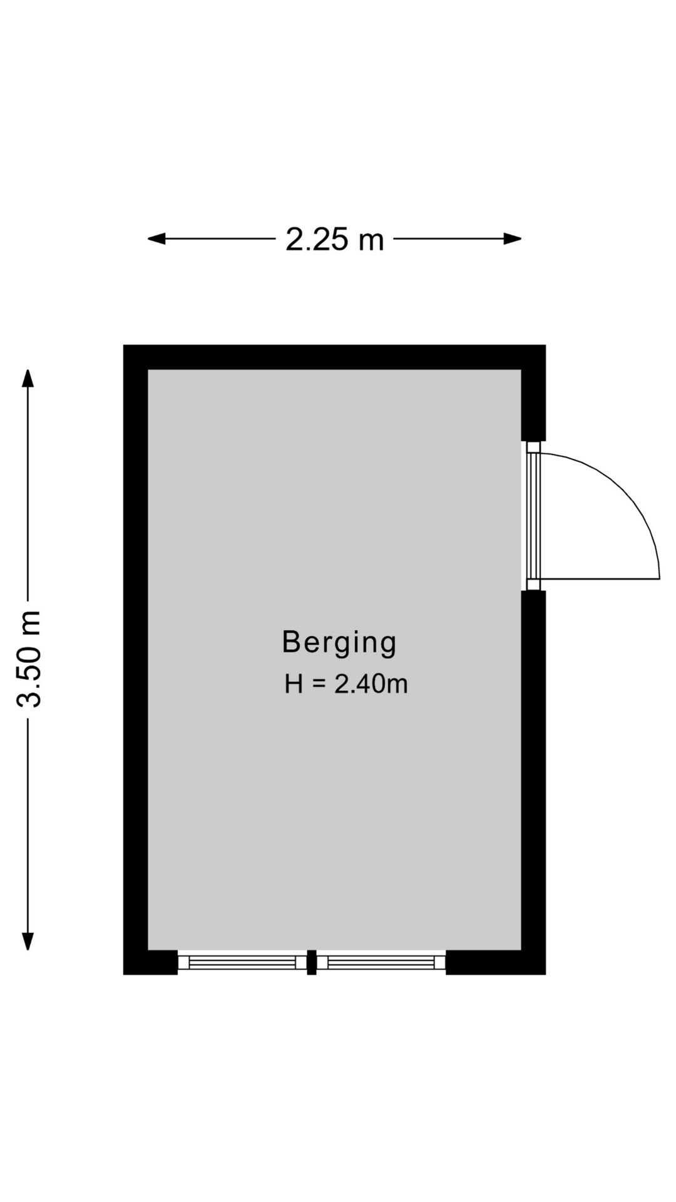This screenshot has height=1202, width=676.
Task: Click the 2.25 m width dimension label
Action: tap(334, 239)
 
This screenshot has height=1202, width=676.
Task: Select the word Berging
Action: tap(339, 643)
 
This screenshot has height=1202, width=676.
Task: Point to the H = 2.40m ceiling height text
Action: tap(346, 684)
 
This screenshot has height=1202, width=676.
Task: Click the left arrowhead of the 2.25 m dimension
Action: tap(156, 239)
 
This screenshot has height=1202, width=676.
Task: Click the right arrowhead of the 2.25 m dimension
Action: tap(513, 239)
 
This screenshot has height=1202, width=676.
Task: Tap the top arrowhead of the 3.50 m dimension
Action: tap(28, 379)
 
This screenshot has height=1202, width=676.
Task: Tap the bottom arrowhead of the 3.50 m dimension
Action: tap(28, 941)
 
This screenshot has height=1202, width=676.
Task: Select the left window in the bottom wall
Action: tap(242, 962)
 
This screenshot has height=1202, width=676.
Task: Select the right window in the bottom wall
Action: tap(381, 962)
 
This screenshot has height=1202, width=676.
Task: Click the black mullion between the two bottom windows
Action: tap(312, 962)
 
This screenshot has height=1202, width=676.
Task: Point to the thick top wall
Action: tap(334, 357)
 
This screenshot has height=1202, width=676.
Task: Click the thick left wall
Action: tap(135, 659)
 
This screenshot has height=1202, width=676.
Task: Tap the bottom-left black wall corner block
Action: tap(150, 962)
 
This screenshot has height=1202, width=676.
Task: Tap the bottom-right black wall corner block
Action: tap(496, 962)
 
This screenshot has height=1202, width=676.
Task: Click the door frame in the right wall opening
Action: tap(533, 516)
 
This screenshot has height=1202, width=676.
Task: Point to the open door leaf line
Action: tap(600, 579)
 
